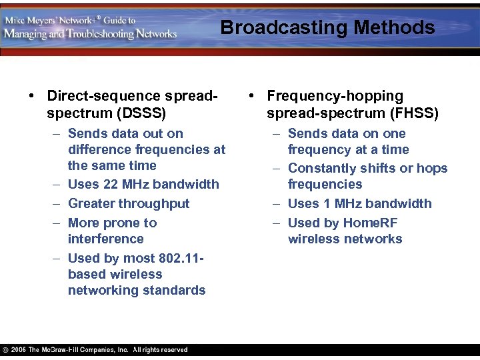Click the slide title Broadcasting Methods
(327, 27)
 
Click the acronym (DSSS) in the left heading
(140, 113)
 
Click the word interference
(105, 239)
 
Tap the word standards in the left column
(175, 290)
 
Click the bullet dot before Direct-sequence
(32, 96)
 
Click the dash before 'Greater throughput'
(53, 203)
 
